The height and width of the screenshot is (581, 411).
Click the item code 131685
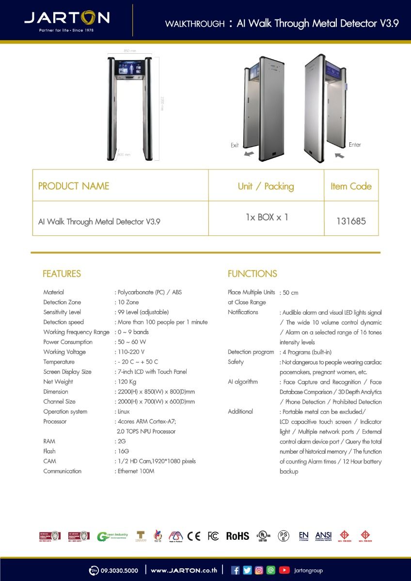pyautogui.click(x=351, y=221)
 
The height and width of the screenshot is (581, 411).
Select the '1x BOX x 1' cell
pyautogui.click(x=267, y=217)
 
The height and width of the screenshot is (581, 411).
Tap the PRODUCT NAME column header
pyautogui.click(x=74, y=186)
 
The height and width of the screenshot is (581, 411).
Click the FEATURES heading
pyautogui.click(x=62, y=274)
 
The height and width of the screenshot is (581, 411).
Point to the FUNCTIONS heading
pyautogui.click(x=252, y=274)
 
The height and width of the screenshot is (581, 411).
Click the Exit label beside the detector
pyautogui.click(x=235, y=145)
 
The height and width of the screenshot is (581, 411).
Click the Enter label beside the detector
pyautogui.click(x=355, y=145)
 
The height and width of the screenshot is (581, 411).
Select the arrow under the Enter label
pyautogui.click(x=339, y=155)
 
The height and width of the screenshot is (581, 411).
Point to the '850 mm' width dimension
pyautogui.click(x=130, y=51)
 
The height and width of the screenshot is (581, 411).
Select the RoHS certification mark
pyautogui.click(x=237, y=536)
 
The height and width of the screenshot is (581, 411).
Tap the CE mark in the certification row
pyautogui.click(x=194, y=536)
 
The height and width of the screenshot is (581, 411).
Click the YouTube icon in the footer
pyautogui.click(x=285, y=570)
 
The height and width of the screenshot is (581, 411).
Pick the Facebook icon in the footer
pyautogui.click(x=236, y=570)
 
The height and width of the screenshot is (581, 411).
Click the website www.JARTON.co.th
pyautogui.click(x=184, y=570)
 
